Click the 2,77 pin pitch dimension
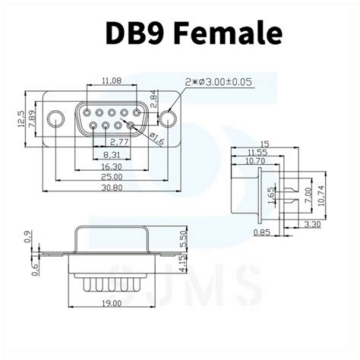coord(118,141)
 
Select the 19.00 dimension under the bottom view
coord(111,303)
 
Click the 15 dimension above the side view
coord(265,143)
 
